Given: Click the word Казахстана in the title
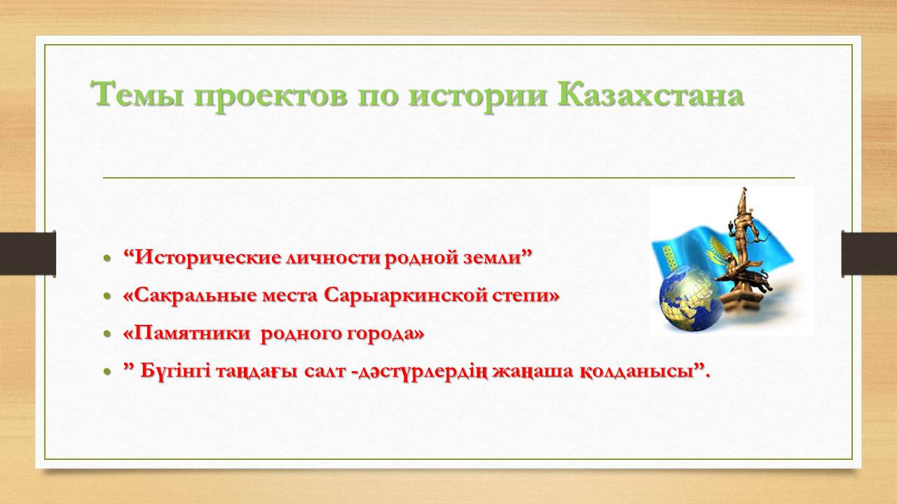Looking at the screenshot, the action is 650,94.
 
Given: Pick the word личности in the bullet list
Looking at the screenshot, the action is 332,258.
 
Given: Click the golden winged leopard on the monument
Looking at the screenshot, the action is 744,280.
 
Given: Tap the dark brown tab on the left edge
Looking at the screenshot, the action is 27,253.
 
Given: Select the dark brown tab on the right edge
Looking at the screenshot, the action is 869,253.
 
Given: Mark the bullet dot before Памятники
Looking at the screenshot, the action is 107,334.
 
